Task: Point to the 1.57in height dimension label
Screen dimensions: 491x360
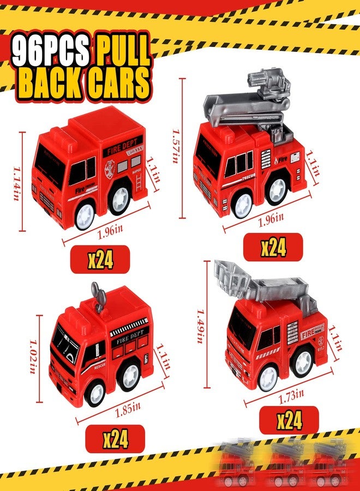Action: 176,145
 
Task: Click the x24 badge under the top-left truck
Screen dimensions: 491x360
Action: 100,260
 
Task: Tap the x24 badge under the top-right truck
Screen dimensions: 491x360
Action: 273,247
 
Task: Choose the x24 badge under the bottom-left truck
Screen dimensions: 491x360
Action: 115,439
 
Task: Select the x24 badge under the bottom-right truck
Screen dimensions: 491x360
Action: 289,421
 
